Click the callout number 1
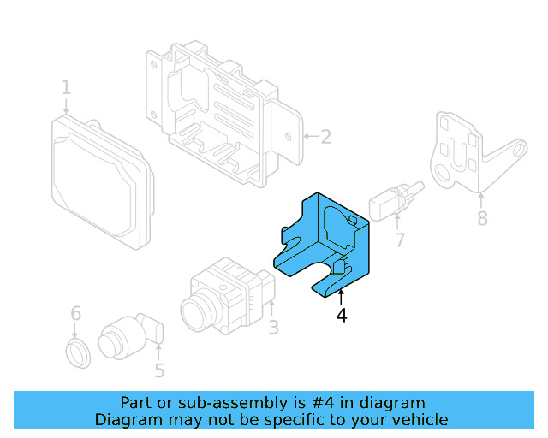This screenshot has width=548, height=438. click(66, 87)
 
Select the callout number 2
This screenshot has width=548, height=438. click(325, 136)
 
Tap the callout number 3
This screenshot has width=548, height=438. click(273, 328)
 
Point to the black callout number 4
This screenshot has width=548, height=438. click(342, 316)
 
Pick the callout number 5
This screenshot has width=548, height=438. click(159, 370)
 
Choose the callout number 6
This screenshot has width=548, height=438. click(75, 313)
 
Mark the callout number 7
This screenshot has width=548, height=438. click(400, 240)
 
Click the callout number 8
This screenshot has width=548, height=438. click(482, 219)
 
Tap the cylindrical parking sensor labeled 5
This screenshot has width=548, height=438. click(124, 336)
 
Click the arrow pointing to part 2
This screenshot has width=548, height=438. click(308, 136)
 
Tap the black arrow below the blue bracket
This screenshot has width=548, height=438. click(341, 296)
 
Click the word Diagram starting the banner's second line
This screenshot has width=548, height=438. click(127, 419)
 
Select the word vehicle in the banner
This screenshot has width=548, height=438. click(417, 419)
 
